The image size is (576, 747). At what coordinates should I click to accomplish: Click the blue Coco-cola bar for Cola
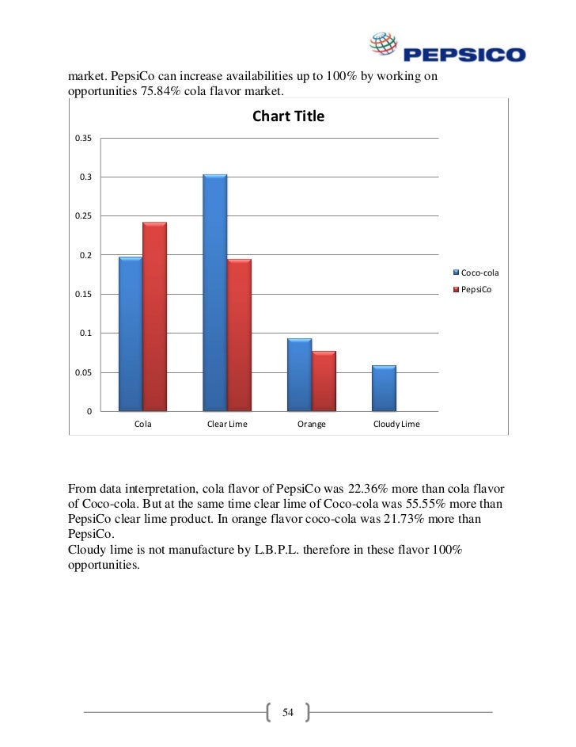pyautogui.click(x=131, y=333)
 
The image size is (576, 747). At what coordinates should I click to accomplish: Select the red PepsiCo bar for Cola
pyautogui.click(x=154, y=317)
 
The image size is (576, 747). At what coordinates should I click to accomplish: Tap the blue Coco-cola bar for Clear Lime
pyautogui.click(x=214, y=292)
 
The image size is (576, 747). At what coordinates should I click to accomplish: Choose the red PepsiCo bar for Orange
pyautogui.click(x=324, y=381)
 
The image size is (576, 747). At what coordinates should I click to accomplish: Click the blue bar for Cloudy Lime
pyautogui.click(x=384, y=388)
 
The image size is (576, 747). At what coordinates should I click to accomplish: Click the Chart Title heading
pyautogui.click(x=288, y=117)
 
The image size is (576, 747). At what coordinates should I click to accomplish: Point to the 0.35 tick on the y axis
pyautogui.click(x=84, y=139)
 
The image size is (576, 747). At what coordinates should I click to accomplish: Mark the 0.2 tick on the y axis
pyautogui.click(x=85, y=255)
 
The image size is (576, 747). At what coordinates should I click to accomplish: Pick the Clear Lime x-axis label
pyautogui.click(x=227, y=425)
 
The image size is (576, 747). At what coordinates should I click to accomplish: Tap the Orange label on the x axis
pyautogui.click(x=312, y=425)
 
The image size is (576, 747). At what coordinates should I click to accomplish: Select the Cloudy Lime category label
pyautogui.click(x=396, y=425)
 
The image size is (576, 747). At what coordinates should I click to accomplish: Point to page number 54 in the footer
pyautogui.click(x=288, y=713)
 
